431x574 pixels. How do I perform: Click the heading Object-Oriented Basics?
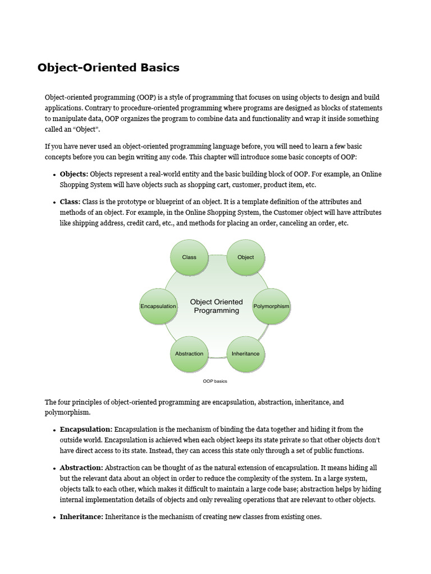click(x=108, y=68)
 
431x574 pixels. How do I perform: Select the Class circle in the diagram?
click(x=189, y=257)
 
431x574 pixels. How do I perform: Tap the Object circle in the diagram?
click(x=245, y=257)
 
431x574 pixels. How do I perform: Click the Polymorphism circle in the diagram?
click(x=271, y=307)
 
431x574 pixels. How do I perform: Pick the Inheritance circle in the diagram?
click(x=245, y=354)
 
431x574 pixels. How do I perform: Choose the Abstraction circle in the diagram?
click(x=189, y=354)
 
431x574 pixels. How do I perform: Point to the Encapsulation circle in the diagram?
click(x=158, y=307)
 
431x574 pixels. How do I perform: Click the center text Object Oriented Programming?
click(x=216, y=306)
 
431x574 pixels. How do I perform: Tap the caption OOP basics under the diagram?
click(x=215, y=381)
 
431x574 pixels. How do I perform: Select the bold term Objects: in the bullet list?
click(x=74, y=174)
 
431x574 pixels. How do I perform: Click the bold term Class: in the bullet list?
click(x=70, y=202)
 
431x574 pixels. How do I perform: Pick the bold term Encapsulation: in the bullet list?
click(x=86, y=429)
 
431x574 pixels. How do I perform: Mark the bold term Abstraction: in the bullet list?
click(x=81, y=467)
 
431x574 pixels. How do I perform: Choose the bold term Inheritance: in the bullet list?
click(x=81, y=517)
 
